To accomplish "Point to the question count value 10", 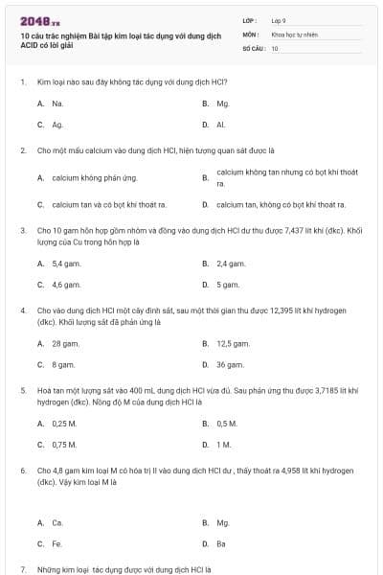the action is click(x=275, y=47).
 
